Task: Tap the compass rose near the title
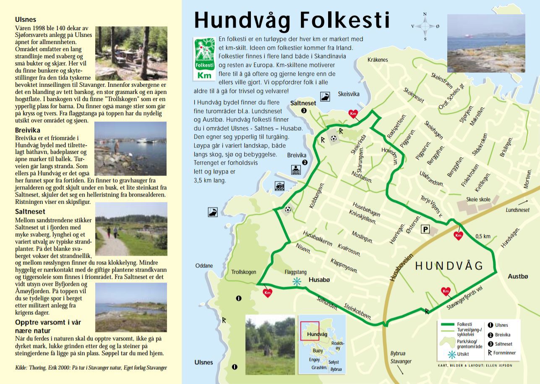[425, 26]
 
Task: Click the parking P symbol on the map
[426, 229]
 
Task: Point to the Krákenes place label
[378, 60]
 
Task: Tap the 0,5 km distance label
[483, 236]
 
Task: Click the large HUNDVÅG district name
[449, 266]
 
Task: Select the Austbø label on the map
[518, 276]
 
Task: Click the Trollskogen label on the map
[243, 272]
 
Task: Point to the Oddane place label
[204, 265]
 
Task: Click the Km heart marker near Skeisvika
[353, 114]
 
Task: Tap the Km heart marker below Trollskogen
[267, 293]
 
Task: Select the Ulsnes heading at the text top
[26, 19]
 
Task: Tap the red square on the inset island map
[310, 331]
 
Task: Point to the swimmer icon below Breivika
[295, 170]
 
